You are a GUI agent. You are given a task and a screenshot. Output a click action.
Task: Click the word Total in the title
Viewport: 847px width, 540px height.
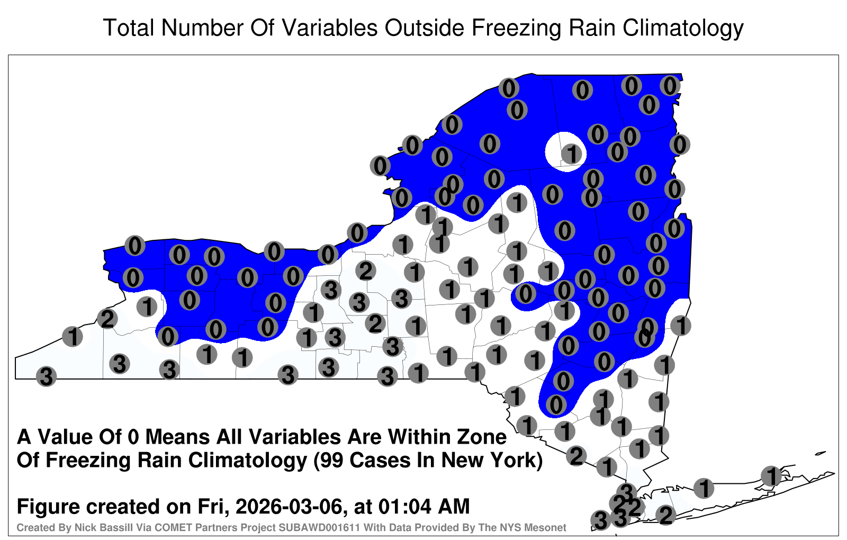(129, 28)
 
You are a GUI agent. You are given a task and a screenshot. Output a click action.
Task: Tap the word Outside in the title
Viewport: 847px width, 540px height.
(425, 28)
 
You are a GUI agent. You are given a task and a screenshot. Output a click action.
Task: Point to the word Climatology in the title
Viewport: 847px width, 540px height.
(683, 29)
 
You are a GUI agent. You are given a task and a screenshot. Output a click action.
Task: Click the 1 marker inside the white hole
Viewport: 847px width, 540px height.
(571, 154)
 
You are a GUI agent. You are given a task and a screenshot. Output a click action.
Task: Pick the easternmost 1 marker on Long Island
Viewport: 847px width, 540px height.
(771, 476)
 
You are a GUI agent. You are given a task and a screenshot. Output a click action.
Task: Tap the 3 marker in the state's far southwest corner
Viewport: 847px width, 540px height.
(46, 376)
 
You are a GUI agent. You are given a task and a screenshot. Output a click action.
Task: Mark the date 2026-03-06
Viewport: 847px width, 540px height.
(289, 507)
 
